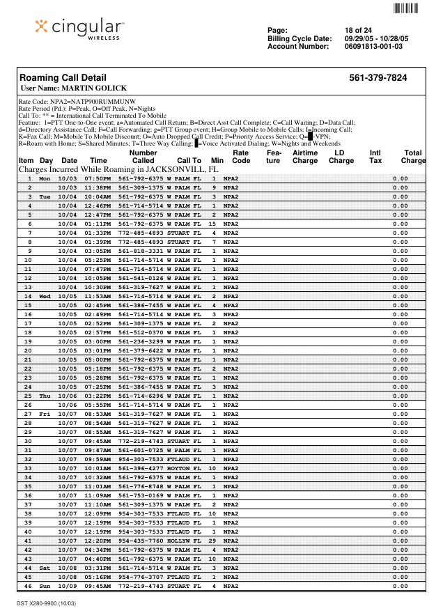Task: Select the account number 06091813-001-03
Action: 373,47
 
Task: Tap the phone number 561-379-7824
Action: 378,78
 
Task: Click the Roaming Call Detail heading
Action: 63,78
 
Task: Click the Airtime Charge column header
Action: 305,157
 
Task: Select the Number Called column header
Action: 143,157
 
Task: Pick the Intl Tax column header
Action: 375,157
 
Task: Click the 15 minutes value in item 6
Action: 213,224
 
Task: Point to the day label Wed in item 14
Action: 45,296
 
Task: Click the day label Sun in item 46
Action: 45,586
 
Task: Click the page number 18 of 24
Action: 358,30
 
